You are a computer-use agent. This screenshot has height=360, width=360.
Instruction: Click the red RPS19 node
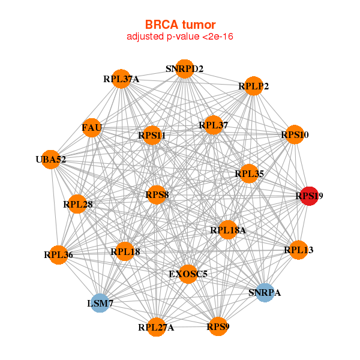308,196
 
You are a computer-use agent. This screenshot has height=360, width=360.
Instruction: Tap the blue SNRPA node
265,292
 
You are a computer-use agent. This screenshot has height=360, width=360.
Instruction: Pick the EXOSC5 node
188,274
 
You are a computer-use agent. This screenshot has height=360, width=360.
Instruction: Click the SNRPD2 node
185,69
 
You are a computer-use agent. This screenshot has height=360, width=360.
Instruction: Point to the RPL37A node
122,79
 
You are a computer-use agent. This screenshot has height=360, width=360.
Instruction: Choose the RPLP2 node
254,86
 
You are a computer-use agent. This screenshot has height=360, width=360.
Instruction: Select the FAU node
92,128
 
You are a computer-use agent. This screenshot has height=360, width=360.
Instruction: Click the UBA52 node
51,159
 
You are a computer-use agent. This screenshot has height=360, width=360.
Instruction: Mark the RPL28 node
77,204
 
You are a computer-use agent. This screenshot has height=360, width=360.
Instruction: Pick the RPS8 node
156,195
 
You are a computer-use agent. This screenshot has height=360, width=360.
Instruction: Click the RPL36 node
58,254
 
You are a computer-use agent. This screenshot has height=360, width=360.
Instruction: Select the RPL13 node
298,250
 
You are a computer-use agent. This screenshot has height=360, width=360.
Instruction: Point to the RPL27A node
156,327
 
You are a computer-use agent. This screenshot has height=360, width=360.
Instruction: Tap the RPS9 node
218,326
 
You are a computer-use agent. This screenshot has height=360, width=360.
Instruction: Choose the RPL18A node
227,230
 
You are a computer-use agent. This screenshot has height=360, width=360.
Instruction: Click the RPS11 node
151,136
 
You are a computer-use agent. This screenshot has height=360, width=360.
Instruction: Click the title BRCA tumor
179,25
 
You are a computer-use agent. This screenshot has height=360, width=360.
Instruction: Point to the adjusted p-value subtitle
179,37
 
